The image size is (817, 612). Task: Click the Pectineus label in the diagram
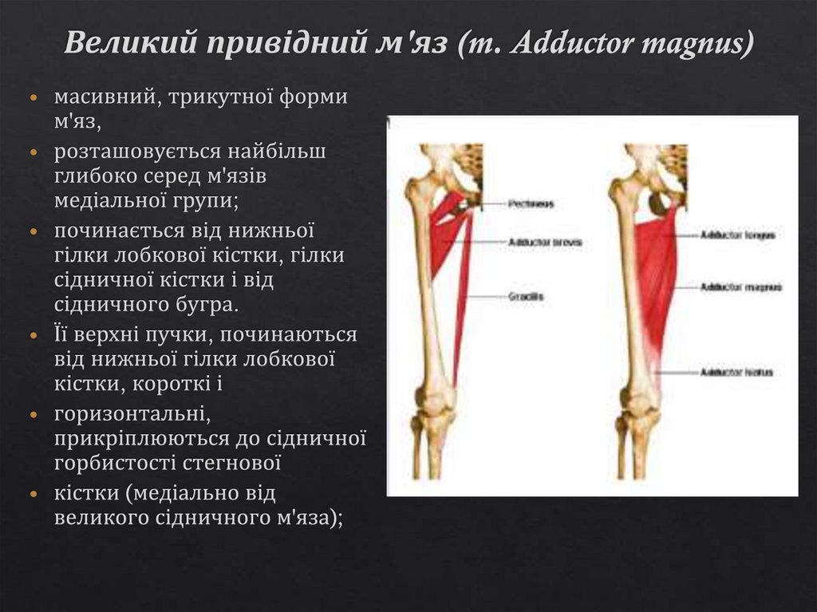point(531,204)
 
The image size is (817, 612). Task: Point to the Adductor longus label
point(737,235)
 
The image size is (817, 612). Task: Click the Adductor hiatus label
point(736,372)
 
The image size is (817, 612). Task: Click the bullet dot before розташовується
point(34,151)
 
